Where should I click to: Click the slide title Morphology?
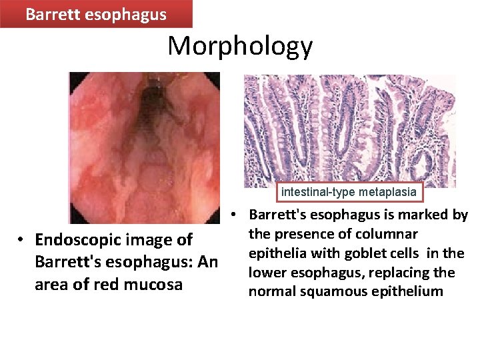(239, 46)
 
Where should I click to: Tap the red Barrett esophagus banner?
(96, 14)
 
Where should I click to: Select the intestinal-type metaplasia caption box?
(349, 192)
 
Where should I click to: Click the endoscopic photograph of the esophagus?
(145, 147)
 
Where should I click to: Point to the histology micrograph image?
(350, 130)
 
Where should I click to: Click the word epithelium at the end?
(410, 291)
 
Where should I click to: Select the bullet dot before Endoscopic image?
(22, 240)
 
